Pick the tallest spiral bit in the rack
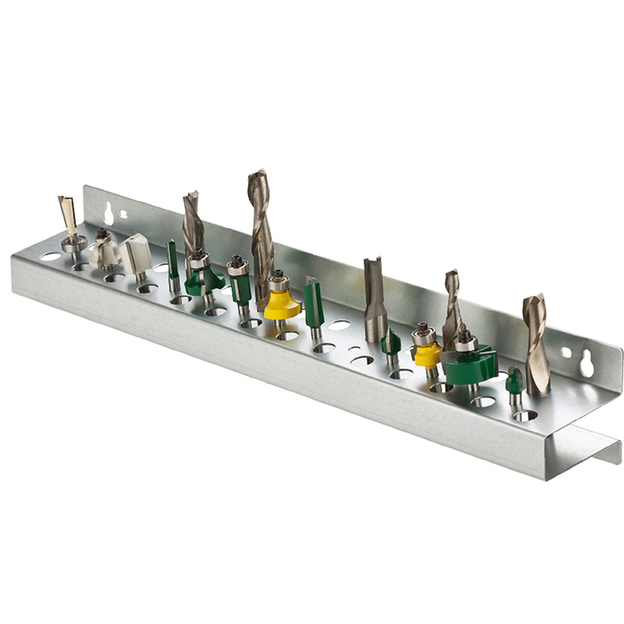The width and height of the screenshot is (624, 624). (x=260, y=226)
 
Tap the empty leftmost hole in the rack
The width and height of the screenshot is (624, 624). (x=50, y=257)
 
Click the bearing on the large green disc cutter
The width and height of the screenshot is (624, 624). (x=466, y=342)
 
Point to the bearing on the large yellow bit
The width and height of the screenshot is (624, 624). (x=278, y=282)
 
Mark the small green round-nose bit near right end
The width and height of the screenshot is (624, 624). (x=513, y=381)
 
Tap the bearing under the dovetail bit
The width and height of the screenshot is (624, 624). (x=73, y=243)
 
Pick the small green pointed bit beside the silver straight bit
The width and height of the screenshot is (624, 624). (x=391, y=342)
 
